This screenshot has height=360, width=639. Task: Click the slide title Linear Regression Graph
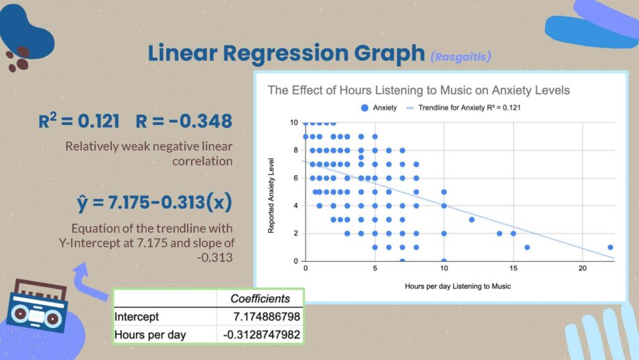click(x=286, y=54)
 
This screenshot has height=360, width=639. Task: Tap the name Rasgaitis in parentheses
click(x=460, y=56)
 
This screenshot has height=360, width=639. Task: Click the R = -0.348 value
click(x=184, y=121)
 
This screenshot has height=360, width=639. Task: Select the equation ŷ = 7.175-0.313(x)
click(x=154, y=202)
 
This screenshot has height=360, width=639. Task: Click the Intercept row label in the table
click(x=137, y=317)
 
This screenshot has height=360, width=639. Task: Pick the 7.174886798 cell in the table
click(x=267, y=317)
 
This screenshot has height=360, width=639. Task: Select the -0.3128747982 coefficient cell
click(x=262, y=335)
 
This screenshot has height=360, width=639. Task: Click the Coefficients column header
click(x=260, y=299)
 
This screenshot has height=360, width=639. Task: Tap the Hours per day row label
click(x=150, y=335)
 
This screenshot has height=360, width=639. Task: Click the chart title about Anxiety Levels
click(x=419, y=90)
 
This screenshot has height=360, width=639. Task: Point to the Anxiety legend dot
click(x=365, y=108)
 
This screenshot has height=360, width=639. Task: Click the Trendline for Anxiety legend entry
click(x=464, y=108)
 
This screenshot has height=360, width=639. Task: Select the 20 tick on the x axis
click(x=582, y=268)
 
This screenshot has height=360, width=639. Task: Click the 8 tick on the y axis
click(x=296, y=150)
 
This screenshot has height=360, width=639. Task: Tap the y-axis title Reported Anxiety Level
click(x=271, y=196)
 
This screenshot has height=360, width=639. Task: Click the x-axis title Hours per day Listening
click(x=458, y=286)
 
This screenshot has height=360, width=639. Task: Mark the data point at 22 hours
click(x=610, y=247)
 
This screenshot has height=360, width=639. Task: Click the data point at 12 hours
click(x=472, y=220)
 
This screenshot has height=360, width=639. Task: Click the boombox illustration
click(x=37, y=306)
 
